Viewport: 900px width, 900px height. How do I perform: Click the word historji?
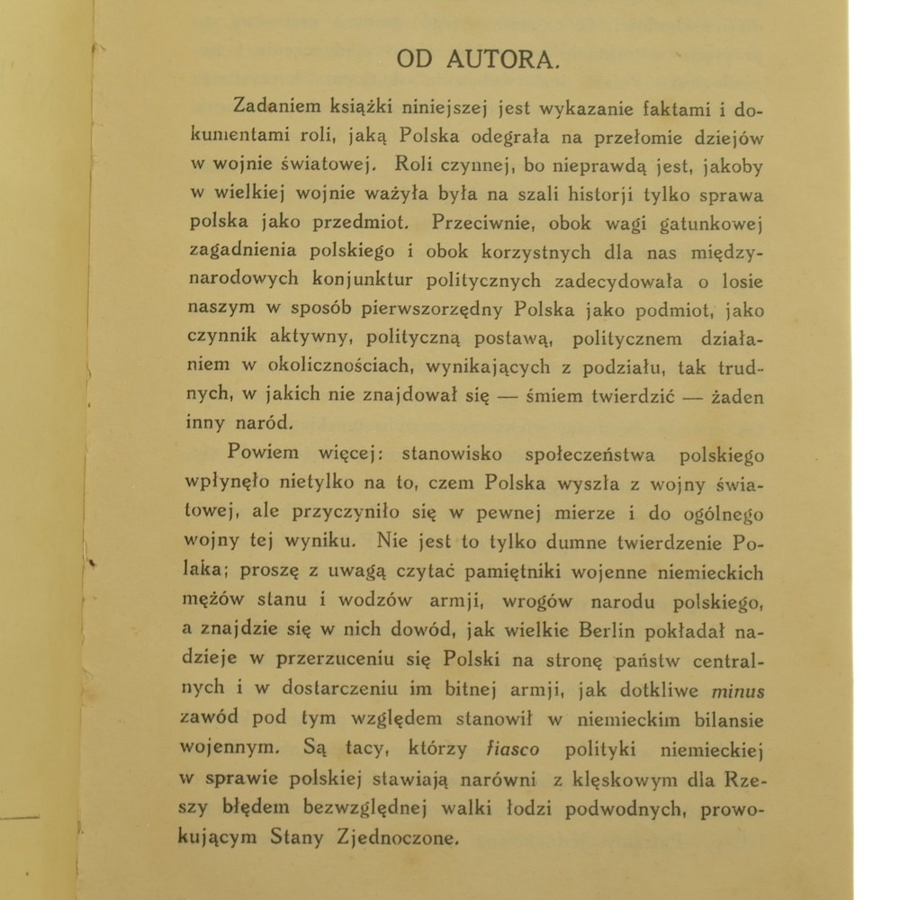(x=610, y=193)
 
